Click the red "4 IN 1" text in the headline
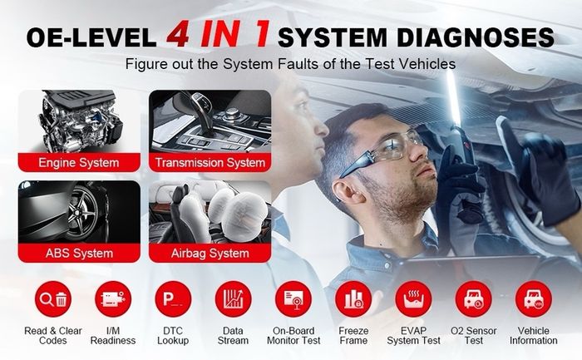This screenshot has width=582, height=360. [218, 34]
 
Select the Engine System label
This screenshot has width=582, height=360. [79, 163]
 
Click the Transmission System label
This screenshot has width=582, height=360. [210, 163]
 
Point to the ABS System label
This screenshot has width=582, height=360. [79, 253]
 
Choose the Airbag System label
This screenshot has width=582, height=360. [210, 253]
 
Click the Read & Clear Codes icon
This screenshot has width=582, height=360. [53, 299]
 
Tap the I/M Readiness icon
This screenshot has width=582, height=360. [113, 299]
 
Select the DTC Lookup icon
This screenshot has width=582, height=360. [173, 299]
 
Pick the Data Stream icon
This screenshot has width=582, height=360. [233, 299]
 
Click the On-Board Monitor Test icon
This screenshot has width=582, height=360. [293, 299]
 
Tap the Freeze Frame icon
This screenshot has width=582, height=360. [353, 299]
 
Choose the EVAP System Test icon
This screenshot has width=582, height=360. [413, 299]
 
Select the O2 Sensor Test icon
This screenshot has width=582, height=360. [474, 299]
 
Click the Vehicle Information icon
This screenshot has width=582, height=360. [534, 299]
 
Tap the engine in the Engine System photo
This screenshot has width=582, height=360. [80, 121]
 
